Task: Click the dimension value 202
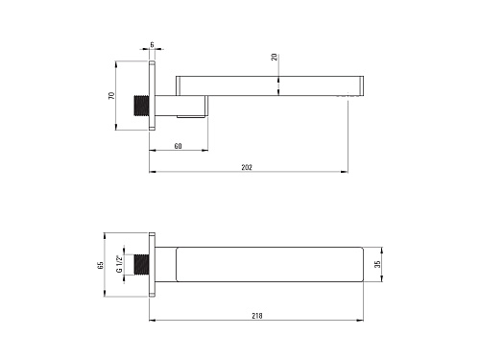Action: pos(247,167)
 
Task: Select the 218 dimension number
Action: pos(257,316)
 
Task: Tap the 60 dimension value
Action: pos(179,146)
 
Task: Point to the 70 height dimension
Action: pos(111,95)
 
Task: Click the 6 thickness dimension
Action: pos(152,44)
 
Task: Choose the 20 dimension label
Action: pos(275,58)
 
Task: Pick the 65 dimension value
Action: pos(101,265)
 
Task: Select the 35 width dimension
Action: pos(377,264)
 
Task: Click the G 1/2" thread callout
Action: pos(119,264)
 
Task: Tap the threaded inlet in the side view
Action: pos(141,106)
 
